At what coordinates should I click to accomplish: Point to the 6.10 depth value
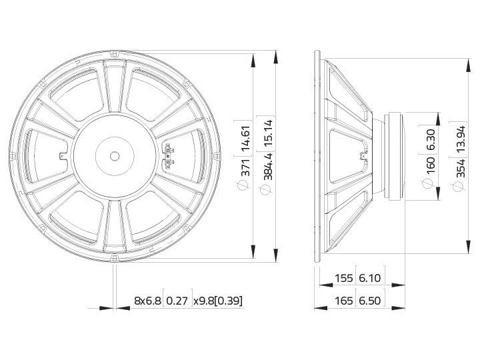pos(371,278)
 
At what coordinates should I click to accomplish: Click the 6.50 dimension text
pos(371,301)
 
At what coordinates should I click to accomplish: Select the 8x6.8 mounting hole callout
pos(147,301)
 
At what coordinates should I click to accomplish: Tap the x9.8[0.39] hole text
pos(218,301)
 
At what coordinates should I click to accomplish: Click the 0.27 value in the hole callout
pos(178,301)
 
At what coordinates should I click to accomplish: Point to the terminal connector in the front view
pos(169,155)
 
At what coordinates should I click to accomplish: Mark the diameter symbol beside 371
pos(245,185)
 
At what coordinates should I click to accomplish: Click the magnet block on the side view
pos(395,157)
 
